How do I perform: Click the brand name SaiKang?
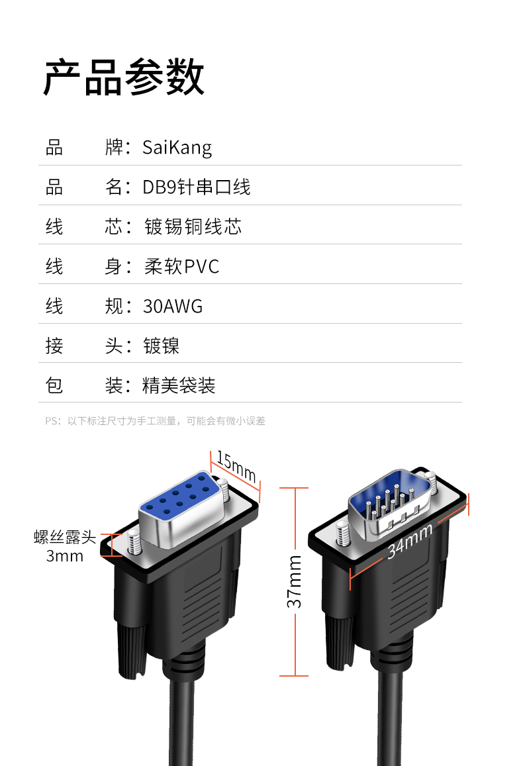click(x=177, y=147)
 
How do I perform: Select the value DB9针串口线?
click(x=197, y=187)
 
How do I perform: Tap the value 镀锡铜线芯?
click(x=193, y=226)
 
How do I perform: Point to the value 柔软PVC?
click(x=181, y=266)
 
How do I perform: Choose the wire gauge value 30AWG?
click(x=173, y=306)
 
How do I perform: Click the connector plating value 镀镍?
click(x=161, y=346)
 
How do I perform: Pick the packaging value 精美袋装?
click(x=179, y=385)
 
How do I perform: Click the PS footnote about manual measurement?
click(x=155, y=420)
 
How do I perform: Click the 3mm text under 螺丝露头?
click(x=65, y=556)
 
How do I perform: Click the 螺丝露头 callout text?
click(x=65, y=537)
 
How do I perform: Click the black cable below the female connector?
click(x=183, y=722)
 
